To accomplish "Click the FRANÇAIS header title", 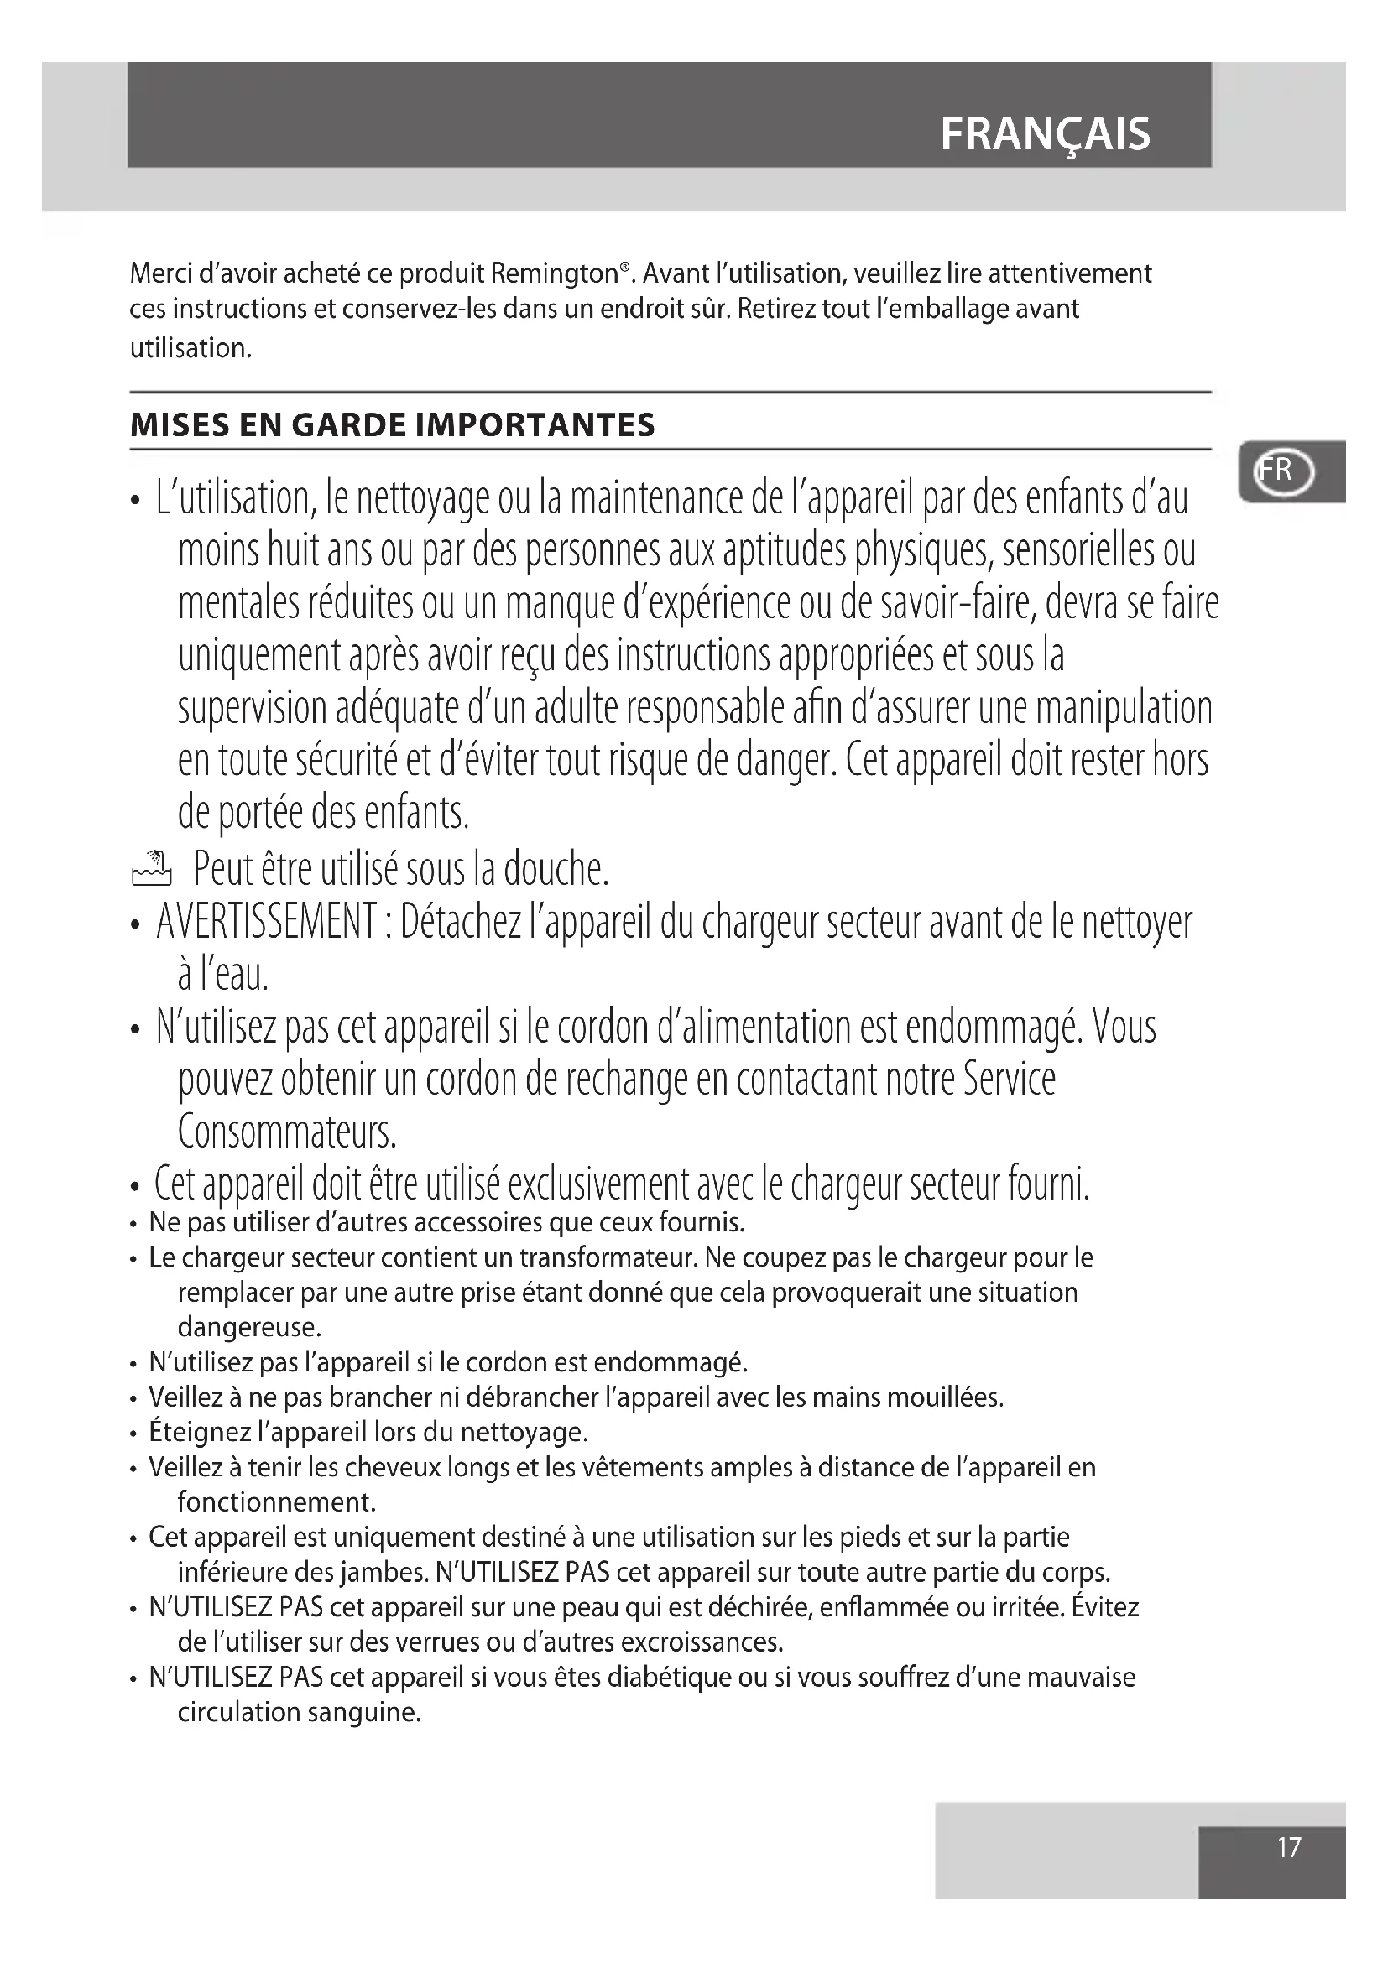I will (1045, 134).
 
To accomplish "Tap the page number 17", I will (1289, 1846).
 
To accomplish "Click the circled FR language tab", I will (1283, 471).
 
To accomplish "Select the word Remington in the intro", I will (556, 273).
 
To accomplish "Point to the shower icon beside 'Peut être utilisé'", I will (151, 868).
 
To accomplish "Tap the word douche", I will (556, 870).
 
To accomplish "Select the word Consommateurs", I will (287, 1132).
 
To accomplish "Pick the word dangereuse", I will (248, 1327).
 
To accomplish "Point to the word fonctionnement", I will (277, 1501).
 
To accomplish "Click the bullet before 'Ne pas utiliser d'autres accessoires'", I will (134, 1225).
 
